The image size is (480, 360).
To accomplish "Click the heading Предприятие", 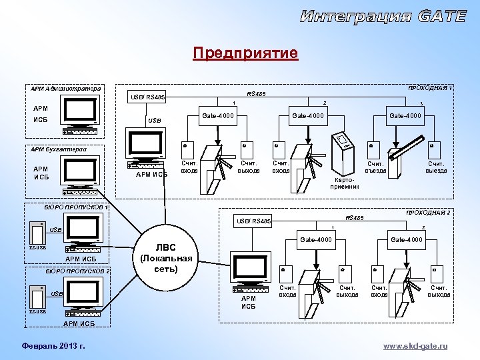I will [x=245, y=53].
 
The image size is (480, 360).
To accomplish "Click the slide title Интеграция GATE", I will [x=383, y=17].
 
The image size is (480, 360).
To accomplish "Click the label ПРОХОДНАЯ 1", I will [x=429, y=88].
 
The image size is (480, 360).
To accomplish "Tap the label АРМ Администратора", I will [x=66, y=88].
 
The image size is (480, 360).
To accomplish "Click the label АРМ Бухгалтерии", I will [x=58, y=149].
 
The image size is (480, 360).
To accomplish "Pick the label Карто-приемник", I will [x=344, y=183].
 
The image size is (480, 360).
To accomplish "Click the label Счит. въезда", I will [x=376, y=166].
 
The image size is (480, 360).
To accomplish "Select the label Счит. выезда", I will [x=436, y=166].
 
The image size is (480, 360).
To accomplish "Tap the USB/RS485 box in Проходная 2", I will [x=253, y=221].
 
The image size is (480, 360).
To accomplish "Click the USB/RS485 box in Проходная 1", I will [x=147, y=98].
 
